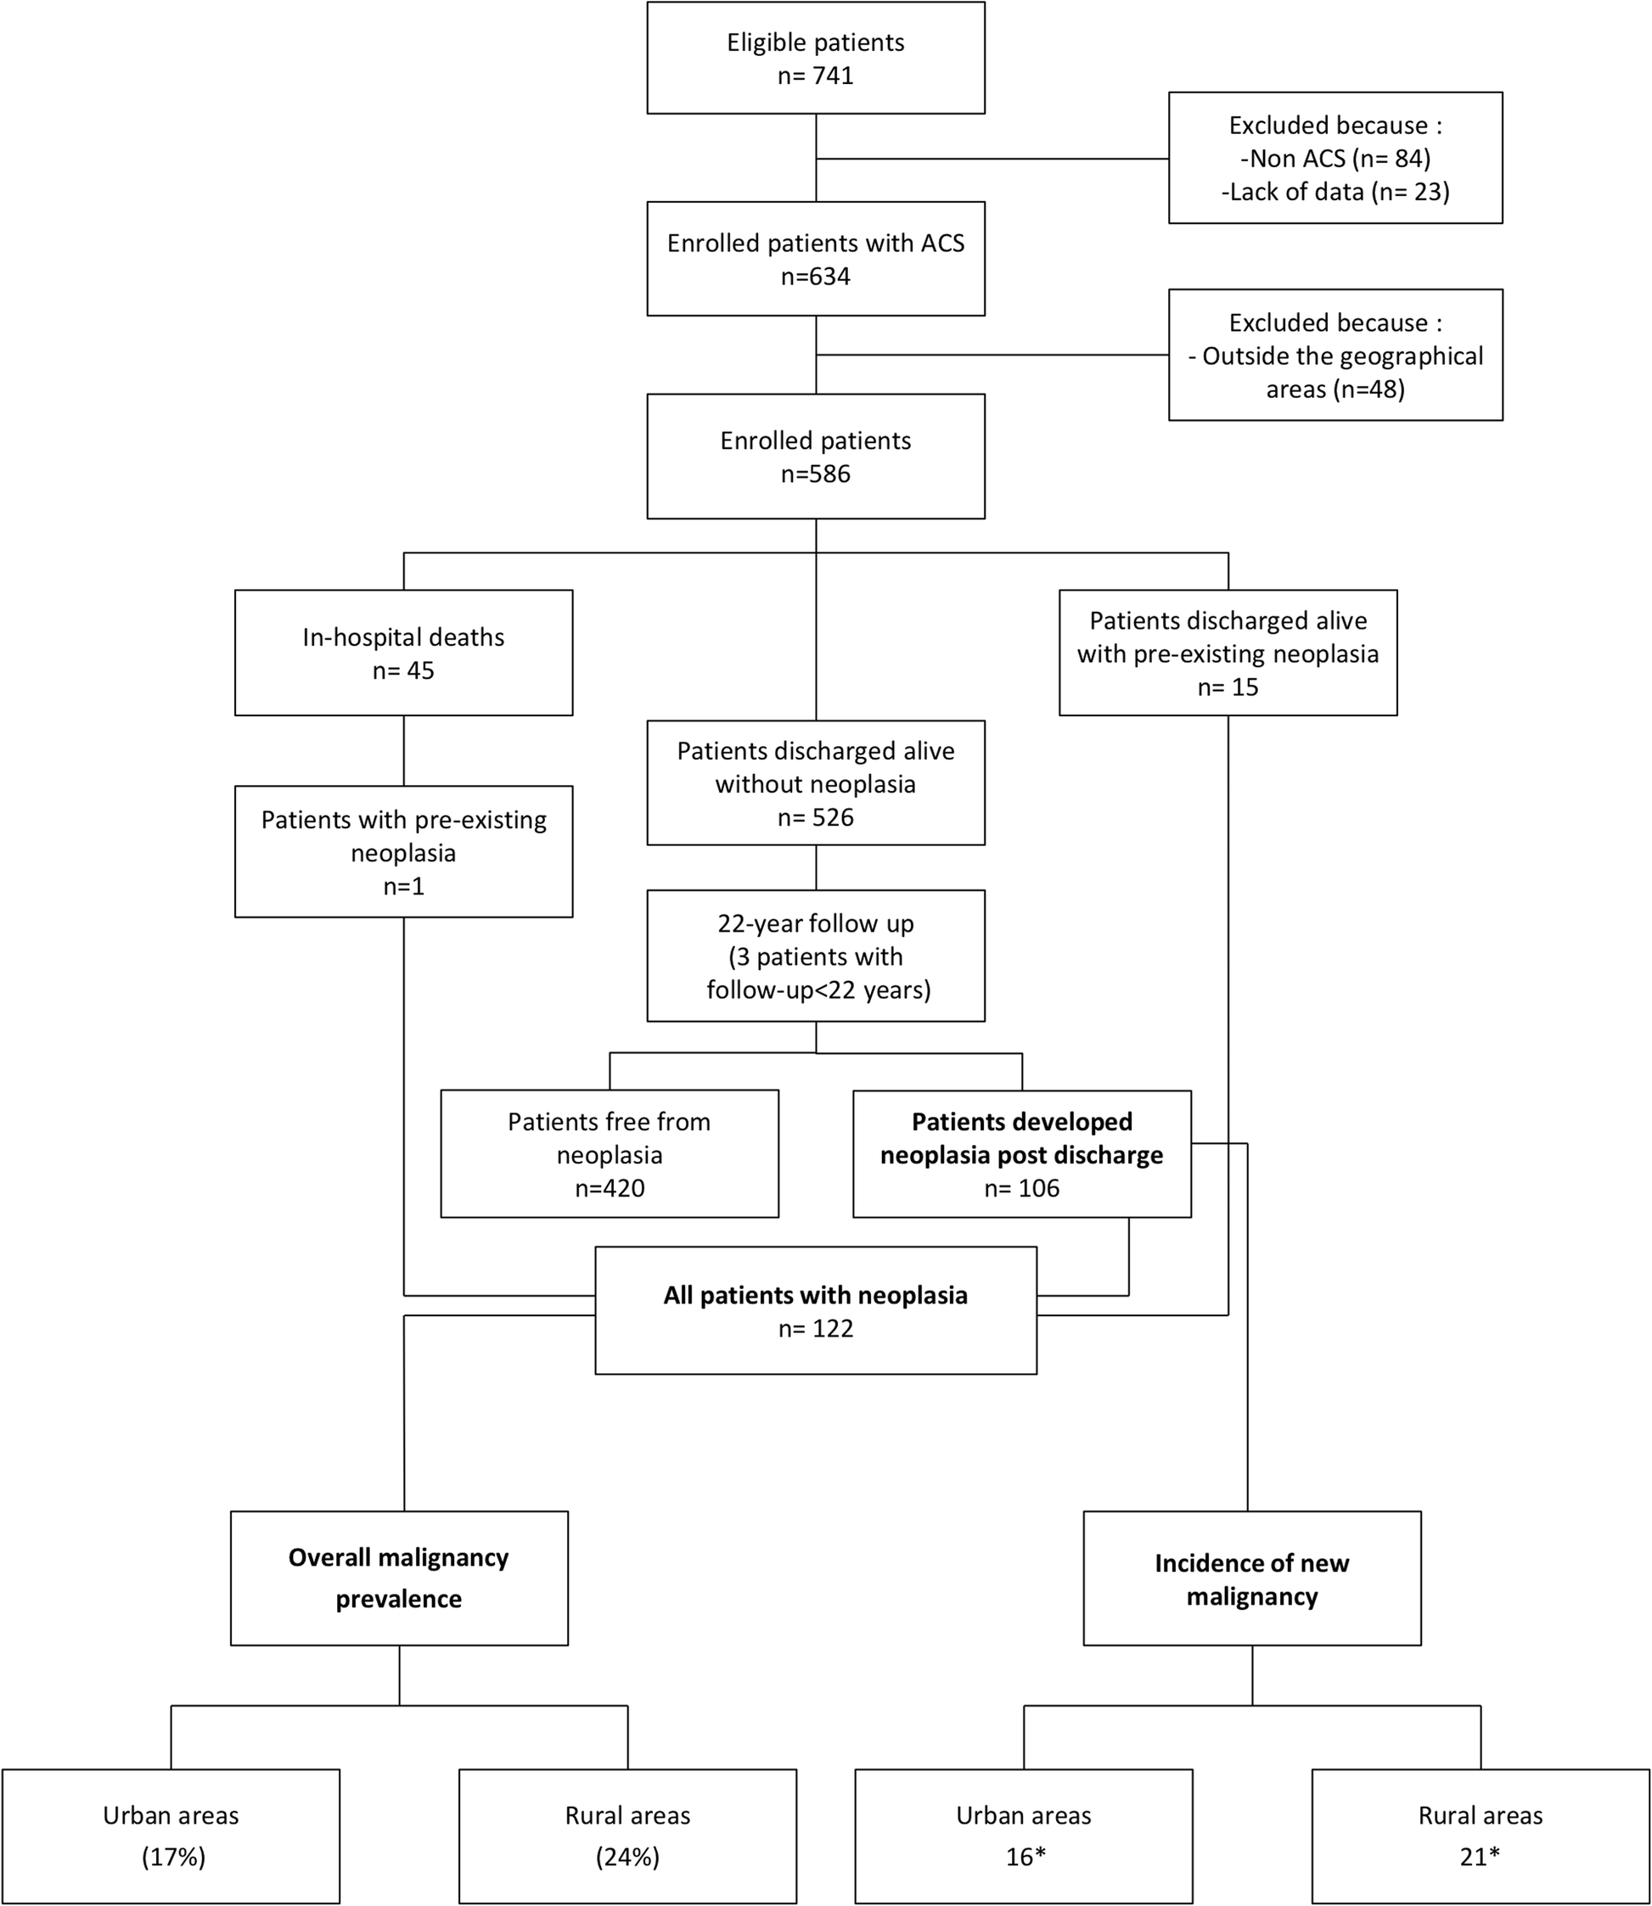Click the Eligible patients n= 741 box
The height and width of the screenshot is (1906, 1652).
pyautogui.click(x=815, y=58)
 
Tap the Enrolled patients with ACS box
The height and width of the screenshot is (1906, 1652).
pyautogui.click(x=815, y=259)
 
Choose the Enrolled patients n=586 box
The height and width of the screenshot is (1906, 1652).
pyautogui.click(x=815, y=457)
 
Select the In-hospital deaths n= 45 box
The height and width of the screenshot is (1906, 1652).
pyautogui.click(x=403, y=653)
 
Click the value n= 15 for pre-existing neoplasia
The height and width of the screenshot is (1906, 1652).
pyautogui.click(x=1227, y=687)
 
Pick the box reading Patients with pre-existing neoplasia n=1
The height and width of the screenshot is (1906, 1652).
pyautogui.click(x=403, y=852)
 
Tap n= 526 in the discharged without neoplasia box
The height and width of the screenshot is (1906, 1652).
pyautogui.click(x=815, y=817)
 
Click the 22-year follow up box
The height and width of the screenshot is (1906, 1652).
pyautogui.click(x=815, y=956)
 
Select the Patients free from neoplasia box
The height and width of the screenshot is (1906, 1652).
pyautogui.click(x=610, y=1154)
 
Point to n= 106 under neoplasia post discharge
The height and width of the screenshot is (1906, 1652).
pyautogui.click(x=1021, y=1188)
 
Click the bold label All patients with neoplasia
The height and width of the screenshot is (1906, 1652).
pyautogui.click(x=815, y=1295)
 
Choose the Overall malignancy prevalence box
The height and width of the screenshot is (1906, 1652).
pyautogui.click(x=398, y=1578)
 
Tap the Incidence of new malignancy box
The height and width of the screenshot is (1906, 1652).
pyautogui.click(x=1251, y=1578)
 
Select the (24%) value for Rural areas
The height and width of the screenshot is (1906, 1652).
pyautogui.click(x=628, y=1856)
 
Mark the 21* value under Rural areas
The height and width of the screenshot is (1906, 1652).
pyautogui.click(x=1480, y=1856)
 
